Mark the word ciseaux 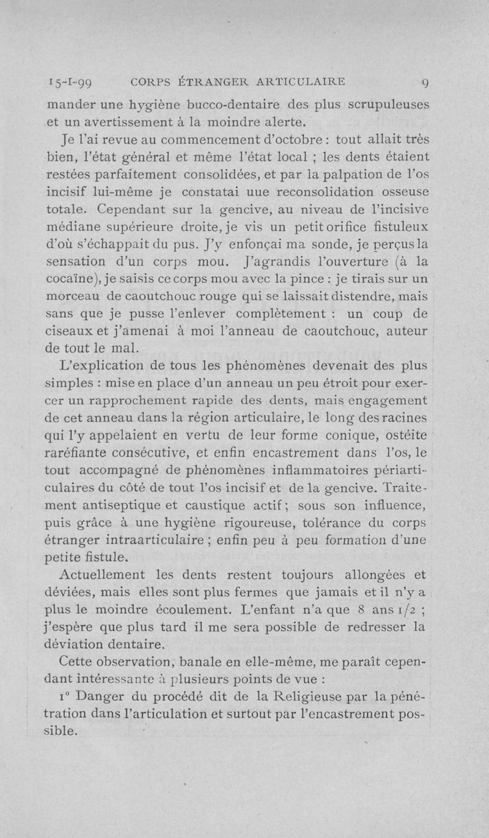67,333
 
